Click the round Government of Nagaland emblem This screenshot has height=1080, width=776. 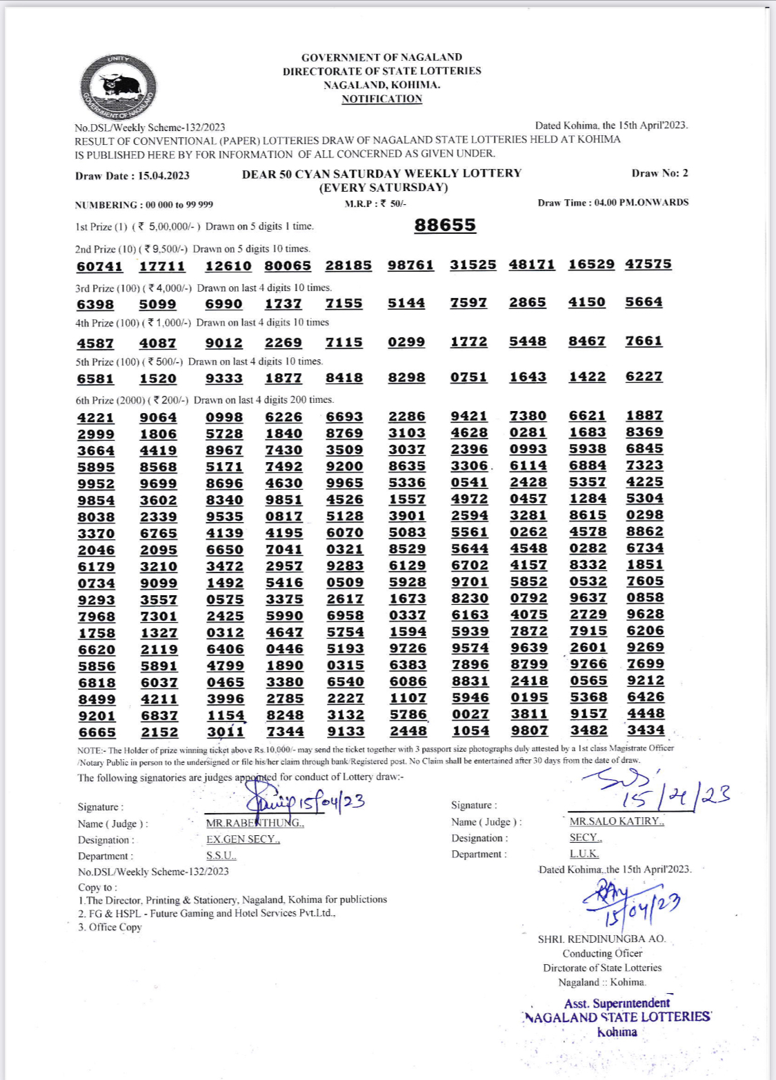(x=118, y=88)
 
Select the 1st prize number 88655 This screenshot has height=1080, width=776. (x=445, y=226)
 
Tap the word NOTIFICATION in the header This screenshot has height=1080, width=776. (x=381, y=99)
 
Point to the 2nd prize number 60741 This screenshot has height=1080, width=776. (x=99, y=266)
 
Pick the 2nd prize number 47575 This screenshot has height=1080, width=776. (x=648, y=264)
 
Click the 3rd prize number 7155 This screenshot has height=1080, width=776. (x=344, y=303)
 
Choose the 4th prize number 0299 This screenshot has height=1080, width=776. (x=406, y=342)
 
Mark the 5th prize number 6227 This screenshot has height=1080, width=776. (x=644, y=377)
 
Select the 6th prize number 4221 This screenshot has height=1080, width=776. (x=96, y=418)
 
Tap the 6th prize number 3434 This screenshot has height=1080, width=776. (x=646, y=730)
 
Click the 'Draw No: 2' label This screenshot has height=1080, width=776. (x=659, y=173)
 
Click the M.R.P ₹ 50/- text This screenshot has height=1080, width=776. (x=375, y=203)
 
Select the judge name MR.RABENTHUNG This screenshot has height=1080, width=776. (x=255, y=823)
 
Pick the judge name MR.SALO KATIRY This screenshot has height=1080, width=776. (x=616, y=821)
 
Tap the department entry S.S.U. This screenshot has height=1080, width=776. (x=221, y=856)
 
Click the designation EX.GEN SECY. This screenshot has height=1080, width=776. (x=243, y=839)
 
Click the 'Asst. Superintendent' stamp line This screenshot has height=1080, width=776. (x=617, y=1003)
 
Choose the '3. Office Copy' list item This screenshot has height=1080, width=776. (x=110, y=927)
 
